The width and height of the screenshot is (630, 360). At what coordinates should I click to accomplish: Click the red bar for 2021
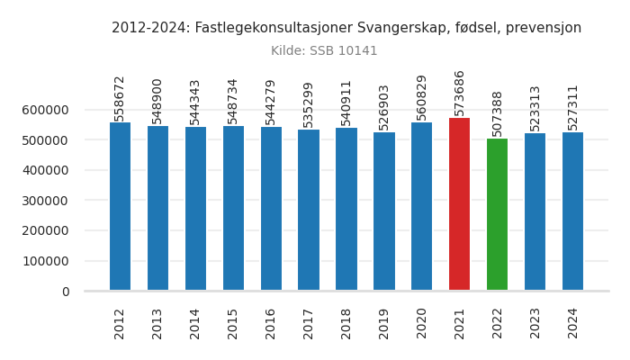coord(459,204)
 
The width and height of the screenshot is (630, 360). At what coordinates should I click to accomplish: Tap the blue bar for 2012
coord(120,206)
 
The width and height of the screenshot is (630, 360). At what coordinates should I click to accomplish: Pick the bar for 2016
coord(271,209)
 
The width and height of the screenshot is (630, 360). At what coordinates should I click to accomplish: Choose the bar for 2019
coord(384,211)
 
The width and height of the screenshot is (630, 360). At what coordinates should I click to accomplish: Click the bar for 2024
coord(572,211)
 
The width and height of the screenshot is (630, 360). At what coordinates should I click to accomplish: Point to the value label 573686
coord(460,93)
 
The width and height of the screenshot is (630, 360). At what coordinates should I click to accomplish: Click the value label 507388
coord(498,112)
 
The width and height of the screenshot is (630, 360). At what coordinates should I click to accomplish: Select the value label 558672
coord(120,97)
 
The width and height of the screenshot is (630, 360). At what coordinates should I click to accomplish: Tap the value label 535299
coord(309,104)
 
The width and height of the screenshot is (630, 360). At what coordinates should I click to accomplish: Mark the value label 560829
coord(422,97)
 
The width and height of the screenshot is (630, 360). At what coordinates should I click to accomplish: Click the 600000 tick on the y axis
coord(46,110)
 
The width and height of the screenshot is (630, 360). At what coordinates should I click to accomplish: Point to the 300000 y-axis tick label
coord(46,201)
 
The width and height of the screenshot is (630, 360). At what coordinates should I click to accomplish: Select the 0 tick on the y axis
coord(66,292)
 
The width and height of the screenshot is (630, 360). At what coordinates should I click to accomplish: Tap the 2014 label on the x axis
coord(195,323)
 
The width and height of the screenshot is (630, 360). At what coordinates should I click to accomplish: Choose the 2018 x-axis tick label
coord(346,323)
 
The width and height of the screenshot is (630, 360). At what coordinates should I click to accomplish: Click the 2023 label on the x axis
coord(535,323)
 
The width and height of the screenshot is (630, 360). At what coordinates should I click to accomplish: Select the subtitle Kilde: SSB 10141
coord(324,51)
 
